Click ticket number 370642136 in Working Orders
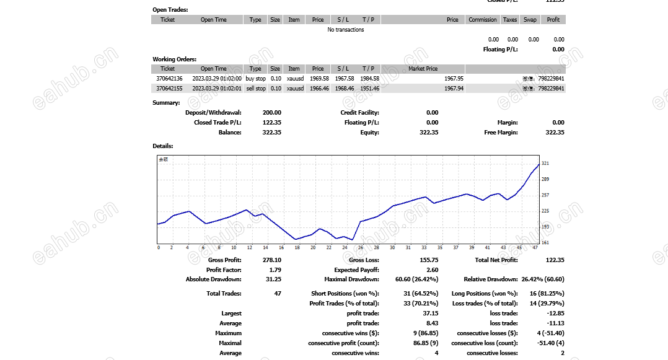(x=169, y=79)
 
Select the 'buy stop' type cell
(x=255, y=79)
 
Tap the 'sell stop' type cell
(x=255, y=89)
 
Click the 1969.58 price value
(x=318, y=79)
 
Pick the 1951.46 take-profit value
(x=369, y=89)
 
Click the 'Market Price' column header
(x=423, y=69)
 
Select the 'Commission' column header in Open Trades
(x=482, y=20)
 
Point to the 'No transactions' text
(x=346, y=30)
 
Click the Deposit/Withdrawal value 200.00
(x=271, y=113)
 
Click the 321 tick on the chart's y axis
(x=545, y=164)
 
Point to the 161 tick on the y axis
(x=545, y=242)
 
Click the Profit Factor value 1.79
(x=275, y=270)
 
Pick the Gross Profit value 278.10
(x=271, y=260)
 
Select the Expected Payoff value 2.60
(x=431, y=270)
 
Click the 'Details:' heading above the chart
(x=163, y=146)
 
